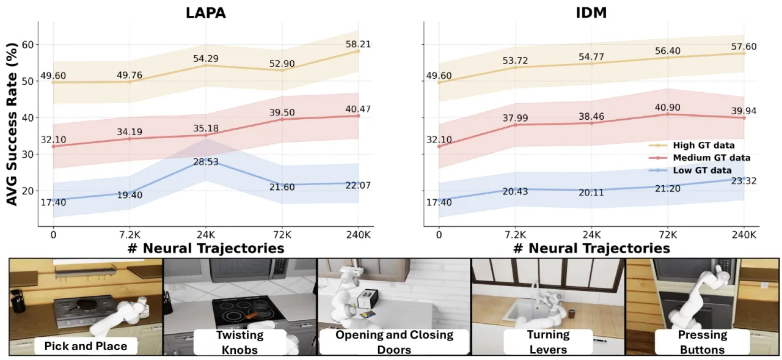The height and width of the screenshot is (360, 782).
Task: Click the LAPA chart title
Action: click(x=206, y=13)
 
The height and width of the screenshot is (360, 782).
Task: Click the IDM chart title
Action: click(x=591, y=13)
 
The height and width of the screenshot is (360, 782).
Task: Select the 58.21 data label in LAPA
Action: click(x=358, y=45)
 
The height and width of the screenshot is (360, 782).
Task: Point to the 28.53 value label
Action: click(x=206, y=162)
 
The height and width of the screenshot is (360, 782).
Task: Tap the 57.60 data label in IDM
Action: click(x=744, y=46)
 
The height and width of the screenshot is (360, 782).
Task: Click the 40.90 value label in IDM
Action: click(x=668, y=108)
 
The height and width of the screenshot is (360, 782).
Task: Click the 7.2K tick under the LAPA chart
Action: click(x=130, y=235)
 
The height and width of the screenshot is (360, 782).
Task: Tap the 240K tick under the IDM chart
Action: click(x=744, y=235)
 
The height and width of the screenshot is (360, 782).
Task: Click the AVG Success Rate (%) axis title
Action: click(x=12, y=124)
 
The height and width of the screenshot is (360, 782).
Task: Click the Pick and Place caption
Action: click(x=86, y=346)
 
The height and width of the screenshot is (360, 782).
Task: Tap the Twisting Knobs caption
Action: click(x=240, y=342)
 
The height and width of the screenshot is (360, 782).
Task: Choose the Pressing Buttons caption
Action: click(x=703, y=342)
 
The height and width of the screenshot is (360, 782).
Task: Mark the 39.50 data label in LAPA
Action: click(x=282, y=112)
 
